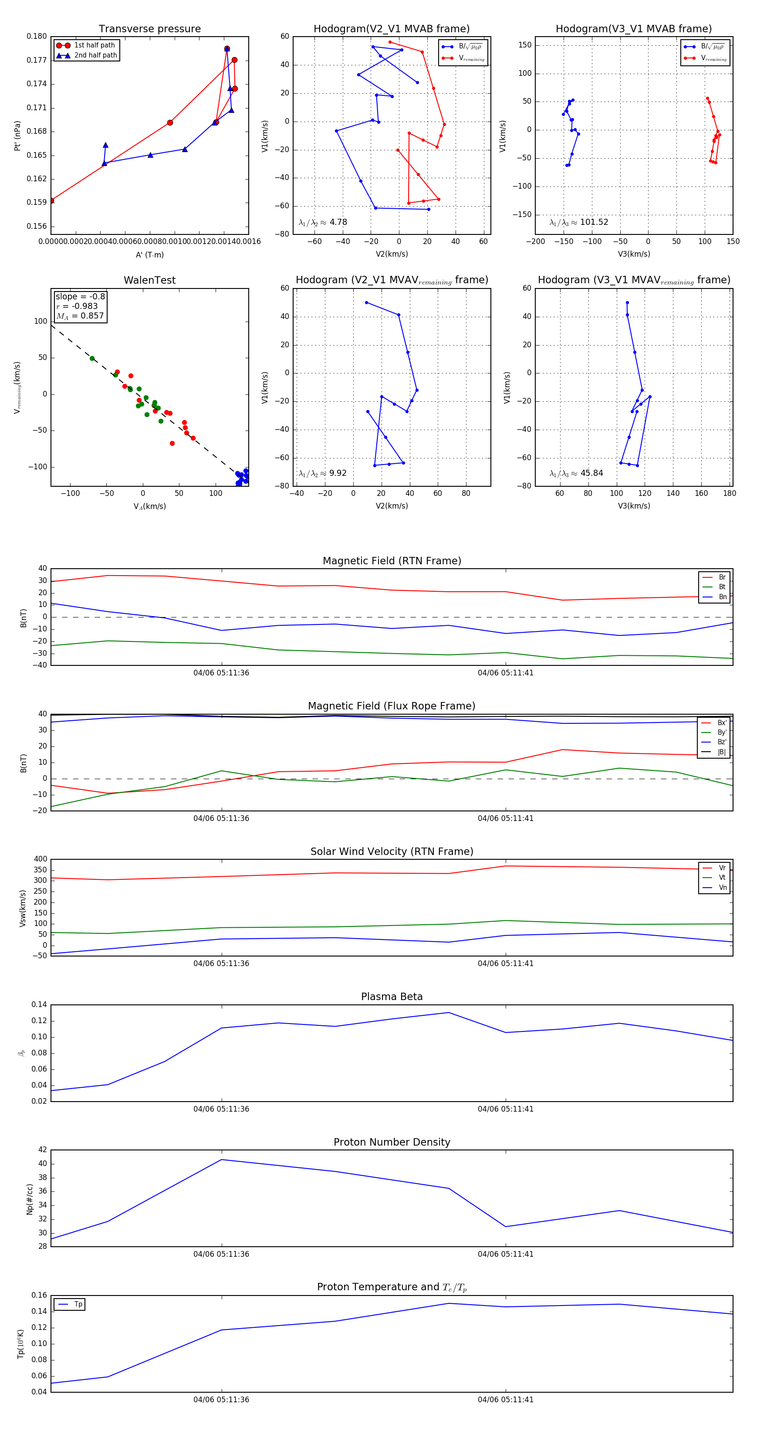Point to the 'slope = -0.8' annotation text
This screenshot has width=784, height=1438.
(x=80, y=296)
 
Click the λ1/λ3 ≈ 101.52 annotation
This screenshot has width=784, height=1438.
(x=579, y=222)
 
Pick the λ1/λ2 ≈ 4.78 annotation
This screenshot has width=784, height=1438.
(x=322, y=222)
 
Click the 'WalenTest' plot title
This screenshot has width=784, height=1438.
(x=149, y=280)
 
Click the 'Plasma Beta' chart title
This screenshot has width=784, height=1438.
(x=392, y=997)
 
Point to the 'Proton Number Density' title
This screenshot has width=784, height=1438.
(x=392, y=1142)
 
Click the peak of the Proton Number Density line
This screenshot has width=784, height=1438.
(x=222, y=1160)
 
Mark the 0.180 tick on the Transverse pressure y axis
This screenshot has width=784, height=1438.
(x=37, y=36)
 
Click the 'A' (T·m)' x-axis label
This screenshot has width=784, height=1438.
(x=149, y=254)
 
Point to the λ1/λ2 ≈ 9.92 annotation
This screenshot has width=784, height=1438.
(x=322, y=473)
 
